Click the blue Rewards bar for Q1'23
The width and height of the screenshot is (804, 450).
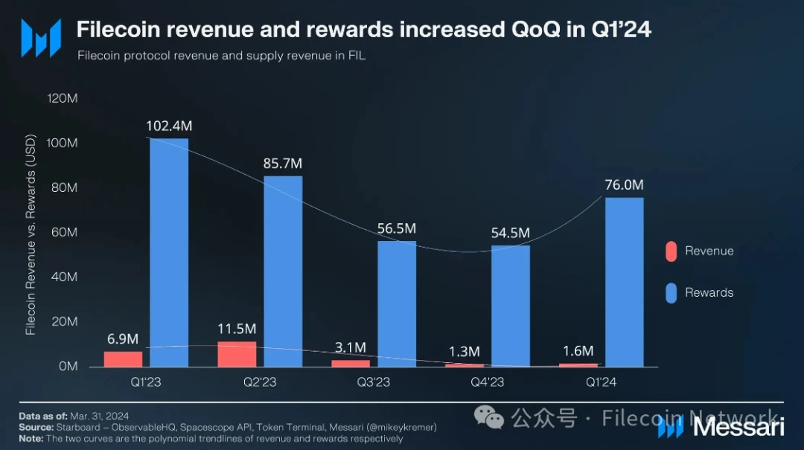pos(169,252)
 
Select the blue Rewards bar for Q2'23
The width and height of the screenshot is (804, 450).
pos(283,271)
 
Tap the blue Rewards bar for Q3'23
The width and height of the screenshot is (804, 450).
pos(397,303)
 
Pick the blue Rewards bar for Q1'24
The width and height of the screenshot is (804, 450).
pos(625,282)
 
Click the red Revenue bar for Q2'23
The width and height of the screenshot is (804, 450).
pos(237,354)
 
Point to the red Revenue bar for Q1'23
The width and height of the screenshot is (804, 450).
pos(123,359)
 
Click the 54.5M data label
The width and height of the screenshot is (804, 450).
pos(510,233)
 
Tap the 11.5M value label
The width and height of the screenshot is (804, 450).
pos(237,329)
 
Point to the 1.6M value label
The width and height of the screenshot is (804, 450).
pos(578,351)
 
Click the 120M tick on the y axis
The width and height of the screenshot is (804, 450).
pos(62,98)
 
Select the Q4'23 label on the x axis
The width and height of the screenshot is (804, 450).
pos(487,382)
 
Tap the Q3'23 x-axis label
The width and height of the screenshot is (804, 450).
pos(373,382)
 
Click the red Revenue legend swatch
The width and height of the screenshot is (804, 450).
pos(671,251)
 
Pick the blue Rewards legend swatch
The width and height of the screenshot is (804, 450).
pos(671,293)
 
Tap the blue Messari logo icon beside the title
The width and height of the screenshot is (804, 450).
pos(40,38)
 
